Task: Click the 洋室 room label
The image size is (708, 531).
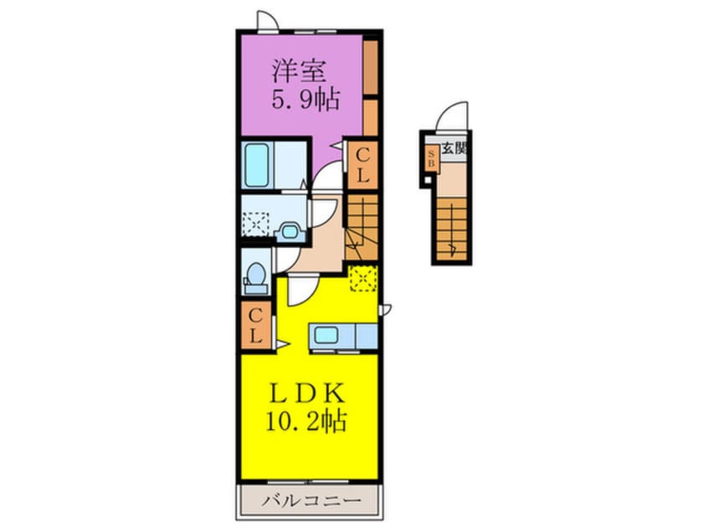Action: [x=299, y=70]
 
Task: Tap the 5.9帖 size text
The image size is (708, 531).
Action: [x=305, y=100]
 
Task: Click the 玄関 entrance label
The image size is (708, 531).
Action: [x=454, y=147]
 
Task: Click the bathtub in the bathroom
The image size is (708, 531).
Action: [x=256, y=164]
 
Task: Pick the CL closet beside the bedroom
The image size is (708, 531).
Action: [x=362, y=165]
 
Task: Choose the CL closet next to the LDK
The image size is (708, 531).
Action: [x=256, y=325]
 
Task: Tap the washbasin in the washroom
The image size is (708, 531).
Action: [x=289, y=231]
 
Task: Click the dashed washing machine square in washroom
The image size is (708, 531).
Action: [x=255, y=224]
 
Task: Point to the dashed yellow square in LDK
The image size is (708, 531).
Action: [x=362, y=278]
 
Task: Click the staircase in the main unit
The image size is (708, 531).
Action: [x=362, y=226]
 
